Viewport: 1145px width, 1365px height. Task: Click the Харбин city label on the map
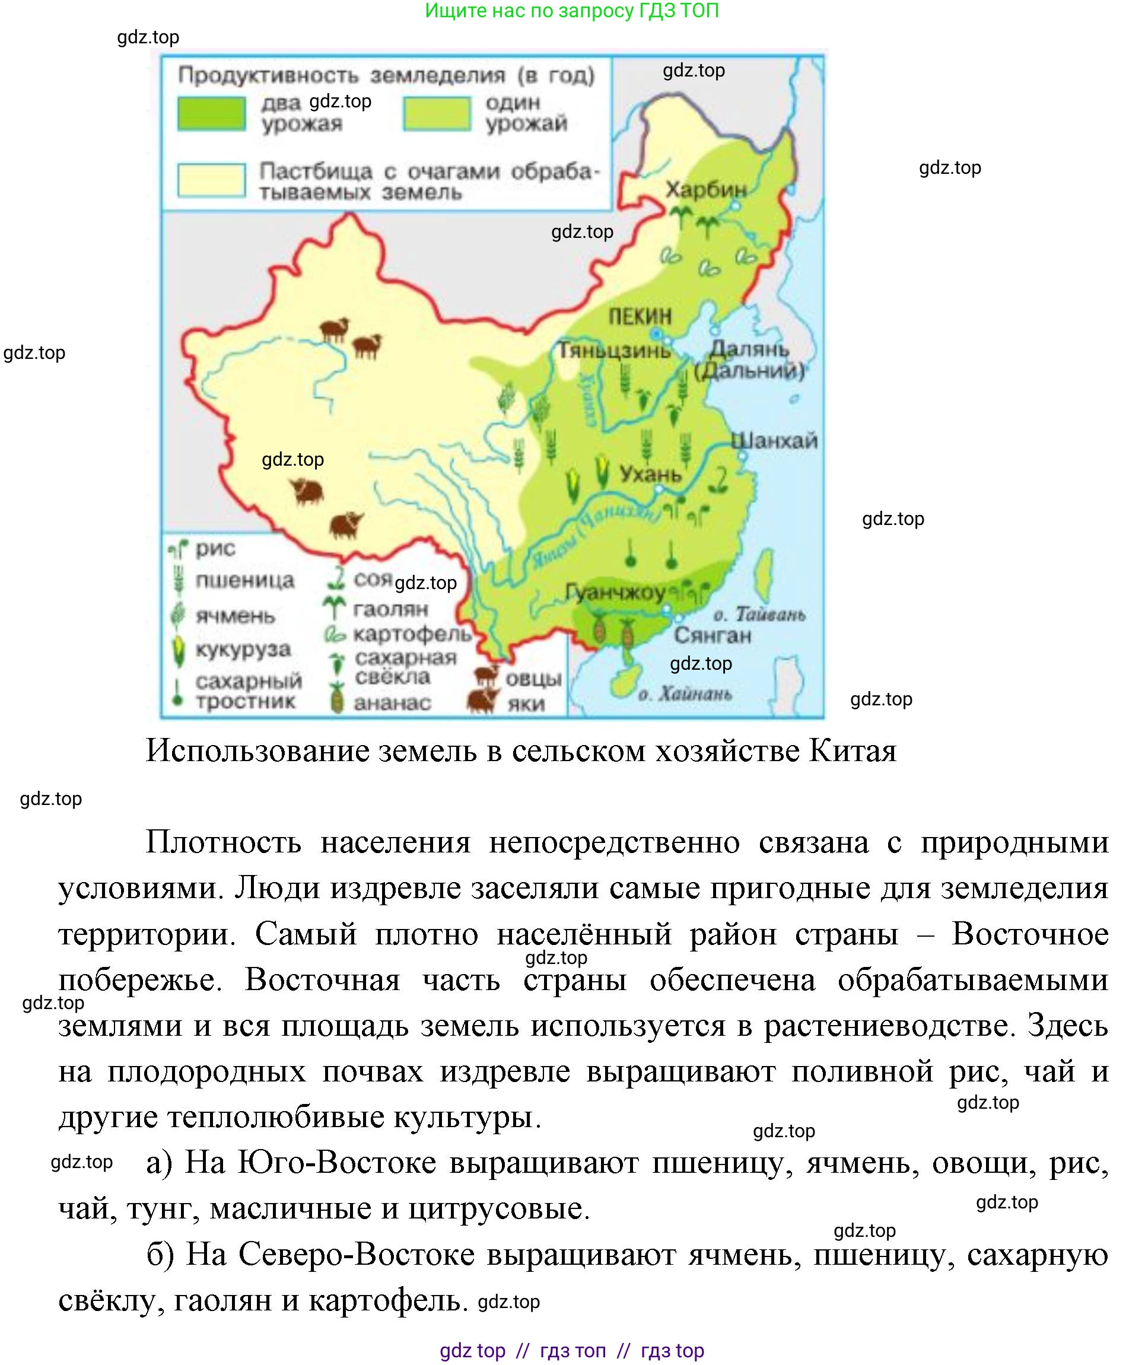(705, 189)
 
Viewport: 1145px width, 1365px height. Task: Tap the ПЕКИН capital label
(640, 317)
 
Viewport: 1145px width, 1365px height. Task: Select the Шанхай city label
(774, 441)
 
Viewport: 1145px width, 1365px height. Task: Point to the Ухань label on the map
(650, 474)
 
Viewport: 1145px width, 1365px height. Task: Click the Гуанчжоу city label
(615, 592)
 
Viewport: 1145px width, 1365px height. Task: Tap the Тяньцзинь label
(615, 351)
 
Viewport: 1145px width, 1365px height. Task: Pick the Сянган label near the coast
(712, 635)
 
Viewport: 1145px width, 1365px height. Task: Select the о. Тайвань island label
(759, 614)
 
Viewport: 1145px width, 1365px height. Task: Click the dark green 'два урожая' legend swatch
(211, 114)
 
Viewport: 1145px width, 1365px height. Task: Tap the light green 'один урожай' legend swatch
(436, 114)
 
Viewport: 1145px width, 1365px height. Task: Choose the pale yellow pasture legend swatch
(211, 180)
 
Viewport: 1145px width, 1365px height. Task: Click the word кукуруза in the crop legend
(243, 650)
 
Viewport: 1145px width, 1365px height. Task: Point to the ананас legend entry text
(392, 702)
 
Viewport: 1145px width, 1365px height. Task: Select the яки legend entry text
(526, 704)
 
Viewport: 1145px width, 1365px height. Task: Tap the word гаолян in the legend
(390, 609)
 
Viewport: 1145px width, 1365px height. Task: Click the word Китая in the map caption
(853, 751)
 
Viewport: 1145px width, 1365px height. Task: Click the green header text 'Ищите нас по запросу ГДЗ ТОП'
(571, 11)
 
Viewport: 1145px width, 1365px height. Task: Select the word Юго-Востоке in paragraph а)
(336, 1163)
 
